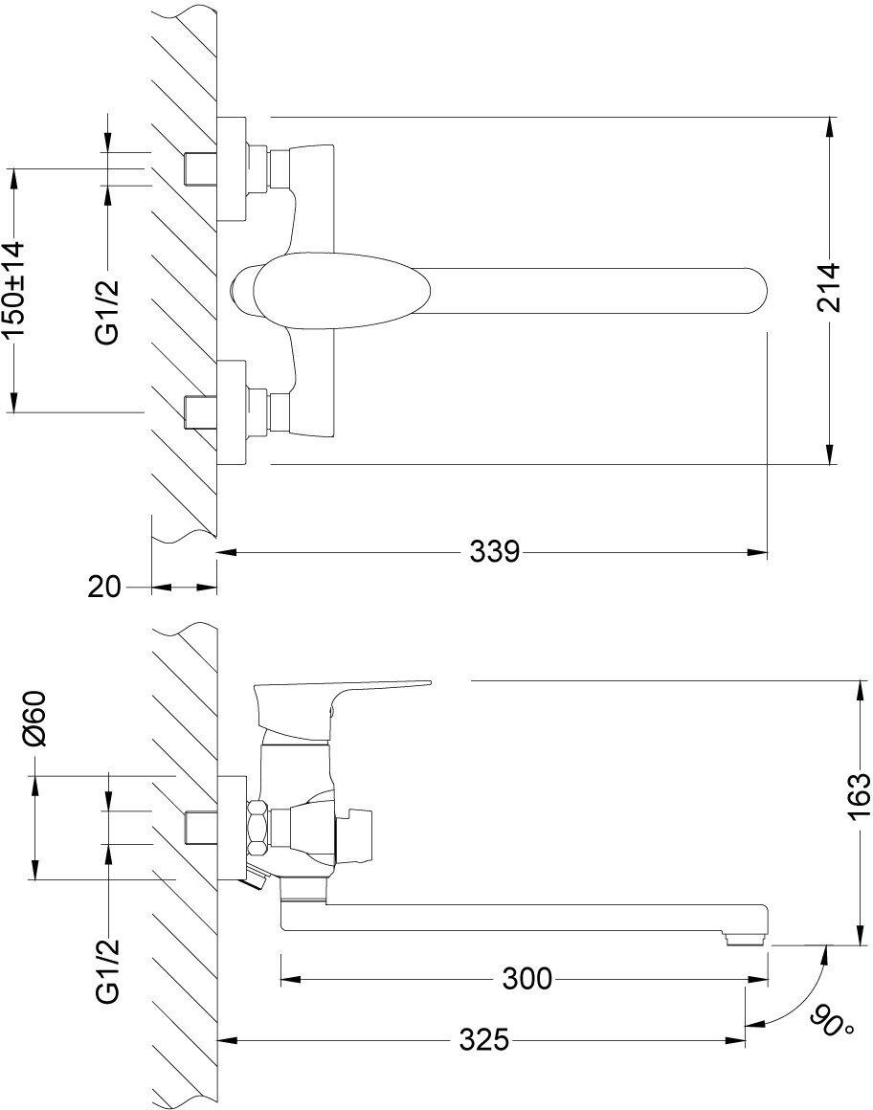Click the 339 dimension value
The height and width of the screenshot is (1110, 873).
(494, 552)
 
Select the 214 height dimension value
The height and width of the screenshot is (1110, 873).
(828, 287)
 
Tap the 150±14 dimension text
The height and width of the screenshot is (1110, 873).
(13, 290)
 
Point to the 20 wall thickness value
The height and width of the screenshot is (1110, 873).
(104, 587)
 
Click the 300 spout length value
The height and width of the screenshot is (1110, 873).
(526, 979)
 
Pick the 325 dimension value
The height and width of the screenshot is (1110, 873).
(482, 1040)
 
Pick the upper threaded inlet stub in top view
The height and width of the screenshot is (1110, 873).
(199, 168)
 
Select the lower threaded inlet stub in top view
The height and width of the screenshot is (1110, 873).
(199, 410)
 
